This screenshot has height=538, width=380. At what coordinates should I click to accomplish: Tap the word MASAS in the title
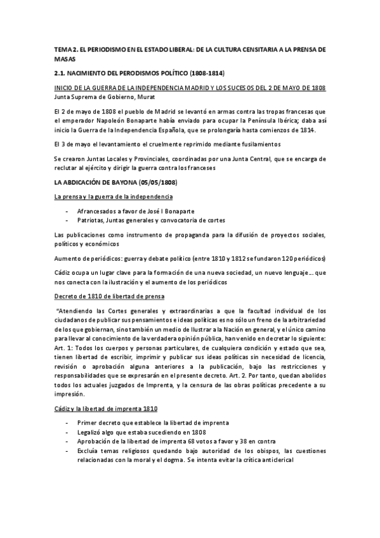point(64,58)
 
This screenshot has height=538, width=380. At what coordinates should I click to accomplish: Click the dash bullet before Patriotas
point(68,220)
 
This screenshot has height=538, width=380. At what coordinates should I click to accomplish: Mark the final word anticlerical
point(270,461)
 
